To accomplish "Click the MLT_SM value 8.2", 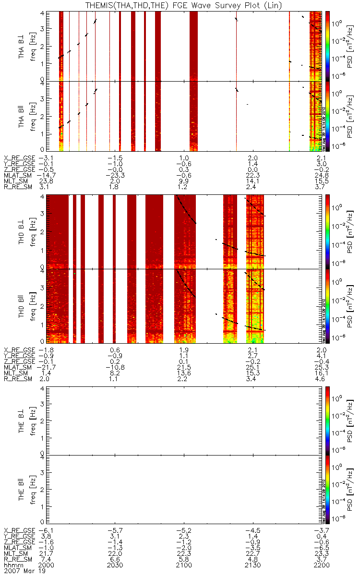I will (117, 372).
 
